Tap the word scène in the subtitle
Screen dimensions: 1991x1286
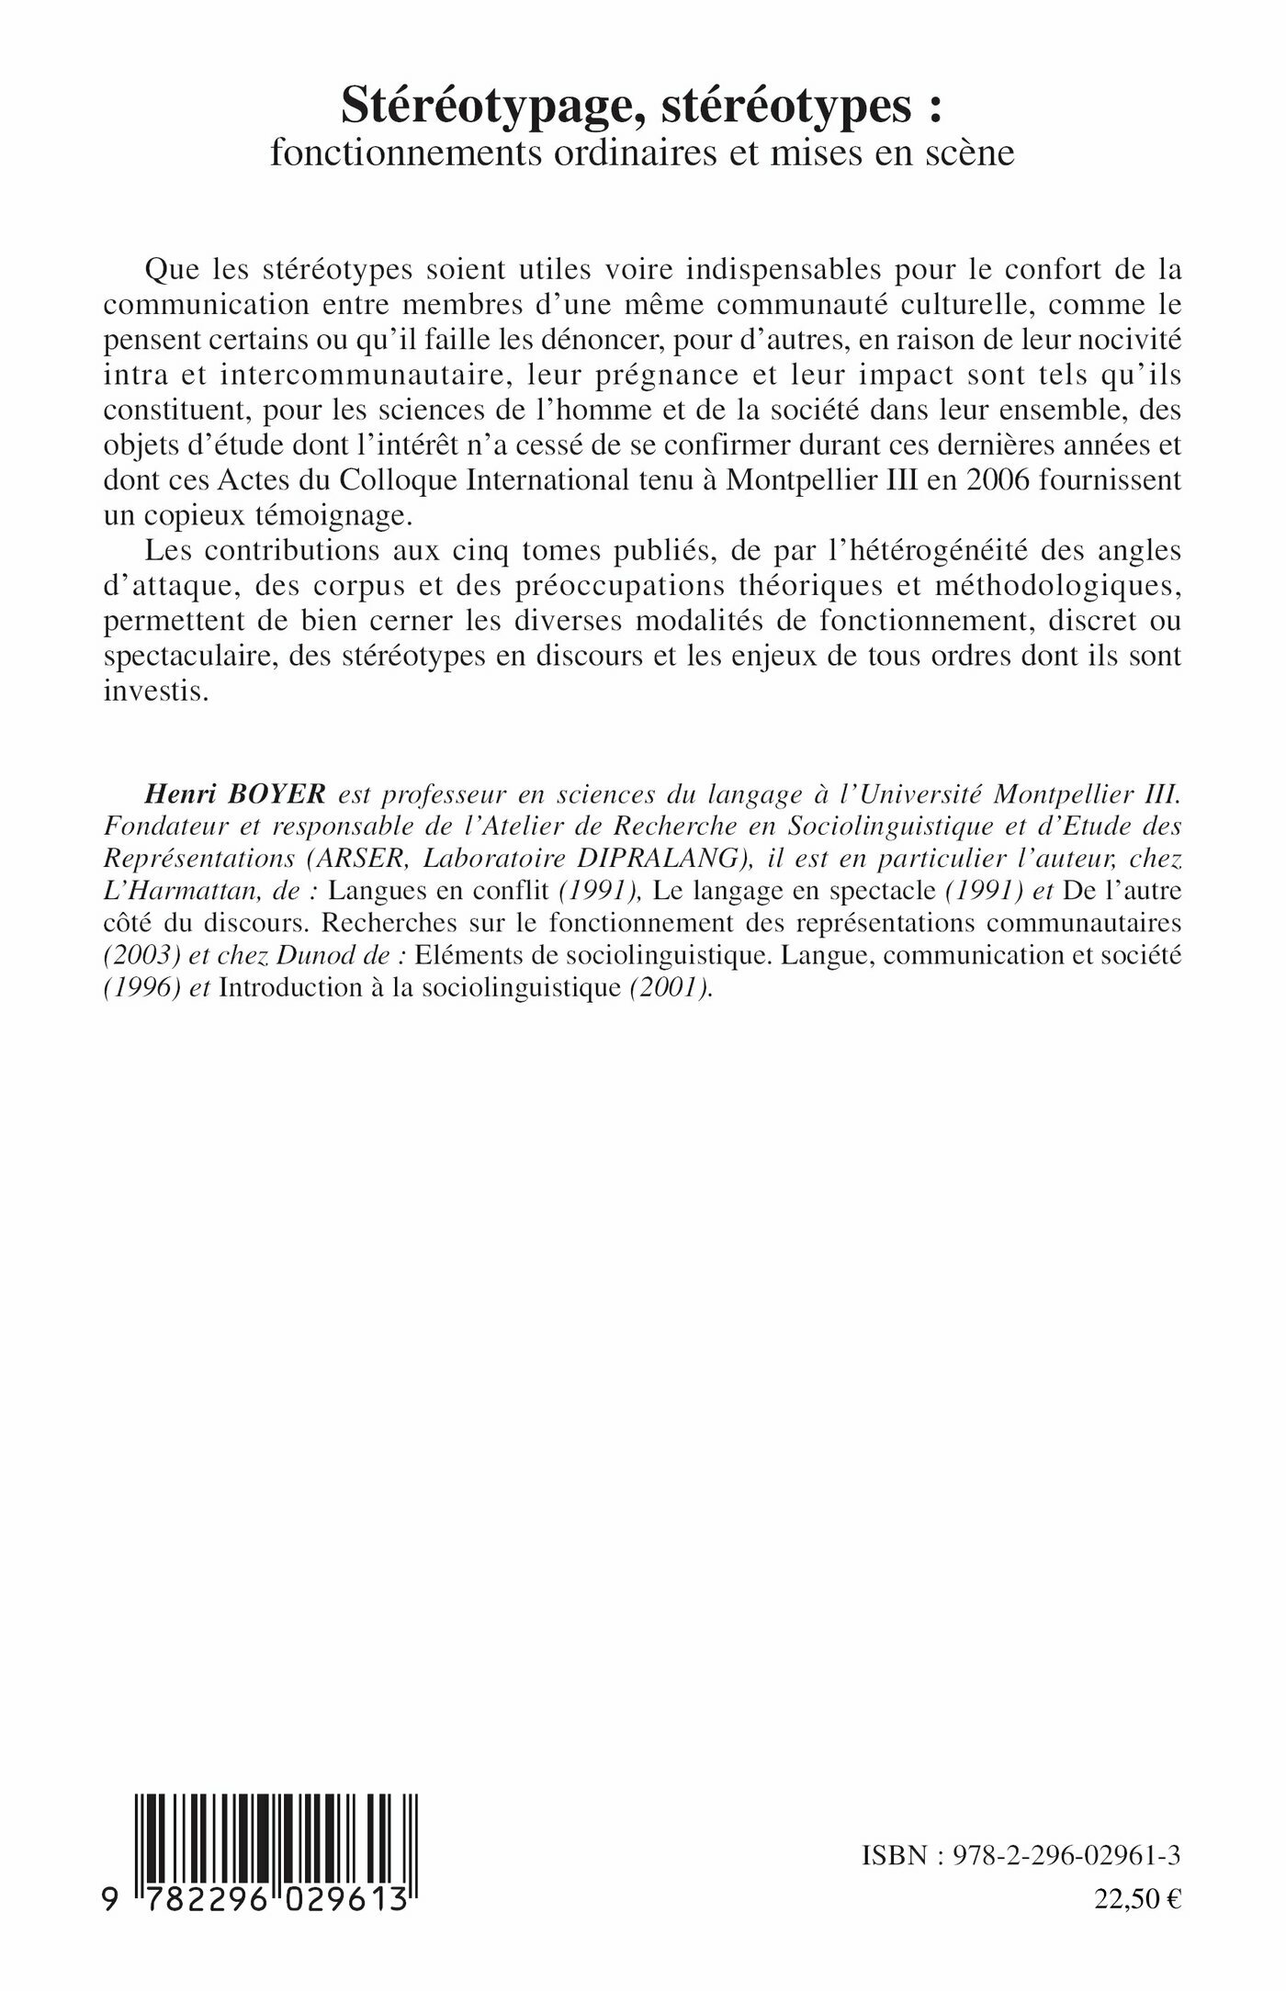click(966, 152)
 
